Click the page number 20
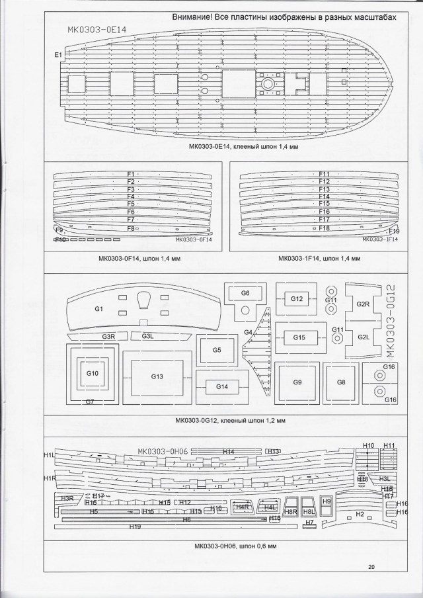tap(371, 567)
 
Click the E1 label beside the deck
tap(58, 54)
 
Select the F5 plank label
tap(131, 204)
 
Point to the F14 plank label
tap(324, 196)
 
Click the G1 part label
tap(100, 309)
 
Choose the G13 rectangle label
tap(157, 376)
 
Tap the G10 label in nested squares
tap(92, 374)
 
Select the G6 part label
tap(245, 292)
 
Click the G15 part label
tap(299, 337)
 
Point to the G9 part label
tap(297, 382)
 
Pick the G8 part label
tap(341, 382)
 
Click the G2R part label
tap(362, 304)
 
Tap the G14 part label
tap(221, 386)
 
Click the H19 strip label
tap(135, 527)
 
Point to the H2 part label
tap(360, 514)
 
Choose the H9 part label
tap(326, 502)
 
